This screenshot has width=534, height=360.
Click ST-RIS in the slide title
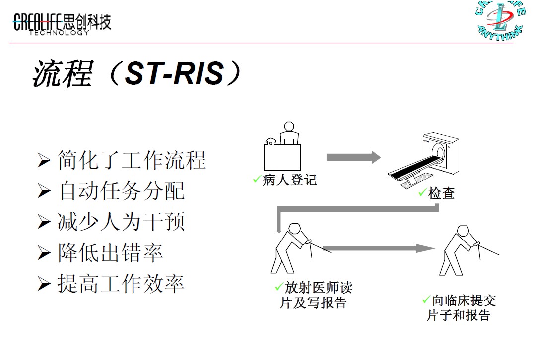click(174, 74)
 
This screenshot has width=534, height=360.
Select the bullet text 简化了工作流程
click(132, 160)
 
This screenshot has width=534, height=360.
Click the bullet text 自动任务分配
click(121, 191)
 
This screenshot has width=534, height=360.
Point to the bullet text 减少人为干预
click(121, 222)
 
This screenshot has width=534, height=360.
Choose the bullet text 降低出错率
click(110, 253)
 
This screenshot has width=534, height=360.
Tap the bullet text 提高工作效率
click(121, 284)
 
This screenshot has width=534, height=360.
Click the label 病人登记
click(289, 180)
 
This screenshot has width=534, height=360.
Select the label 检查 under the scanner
click(441, 193)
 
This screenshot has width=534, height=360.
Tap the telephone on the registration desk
click(271, 141)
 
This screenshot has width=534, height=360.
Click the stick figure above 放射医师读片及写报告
click(293, 248)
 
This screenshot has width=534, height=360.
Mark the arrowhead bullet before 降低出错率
click(44, 254)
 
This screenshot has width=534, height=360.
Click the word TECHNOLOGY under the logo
click(59, 33)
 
